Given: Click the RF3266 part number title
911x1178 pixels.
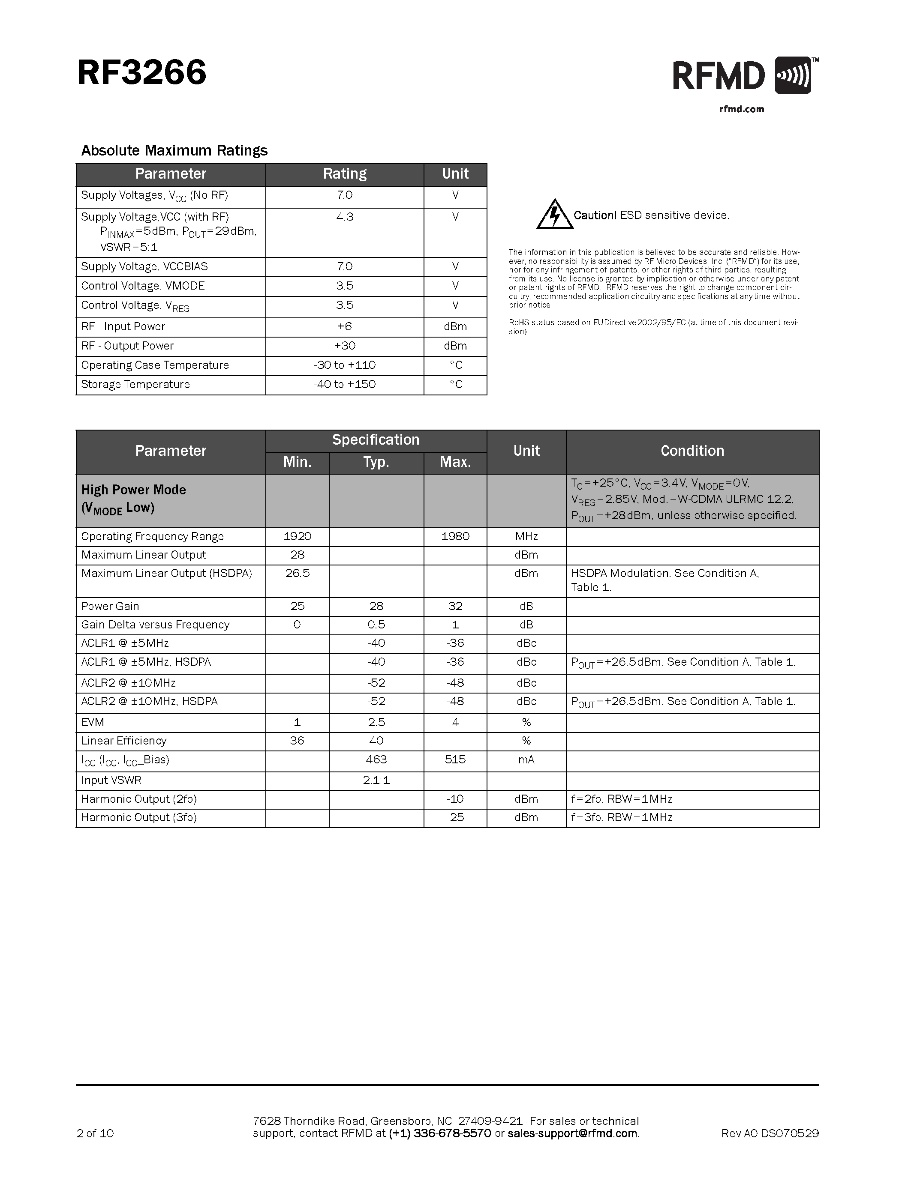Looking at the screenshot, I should [x=141, y=73].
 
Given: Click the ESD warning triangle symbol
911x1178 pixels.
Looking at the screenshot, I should [x=554, y=215].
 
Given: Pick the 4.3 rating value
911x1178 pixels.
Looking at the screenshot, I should [x=344, y=217].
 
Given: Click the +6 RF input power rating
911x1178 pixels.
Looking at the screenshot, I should [x=344, y=327].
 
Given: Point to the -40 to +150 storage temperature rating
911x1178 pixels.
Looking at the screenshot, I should [x=344, y=385].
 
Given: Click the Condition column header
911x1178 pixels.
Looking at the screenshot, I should [x=692, y=451].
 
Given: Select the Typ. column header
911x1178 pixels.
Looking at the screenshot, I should [x=376, y=462].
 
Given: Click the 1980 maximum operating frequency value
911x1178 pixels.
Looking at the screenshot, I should [x=455, y=537].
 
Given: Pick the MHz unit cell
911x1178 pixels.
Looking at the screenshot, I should [x=526, y=537].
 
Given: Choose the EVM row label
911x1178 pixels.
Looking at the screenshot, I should [x=93, y=723].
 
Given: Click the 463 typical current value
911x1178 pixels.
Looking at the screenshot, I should [x=376, y=759].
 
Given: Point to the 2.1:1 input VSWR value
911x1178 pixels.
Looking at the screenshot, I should [x=376, y=780].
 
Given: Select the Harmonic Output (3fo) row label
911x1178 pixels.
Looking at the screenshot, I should [x=139, y=818].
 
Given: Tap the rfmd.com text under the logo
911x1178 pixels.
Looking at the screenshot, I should [x=742, y=109].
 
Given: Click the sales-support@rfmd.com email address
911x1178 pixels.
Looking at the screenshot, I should [x=572, y=1133].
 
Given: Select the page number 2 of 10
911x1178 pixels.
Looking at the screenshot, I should [x=95, y=1133].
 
